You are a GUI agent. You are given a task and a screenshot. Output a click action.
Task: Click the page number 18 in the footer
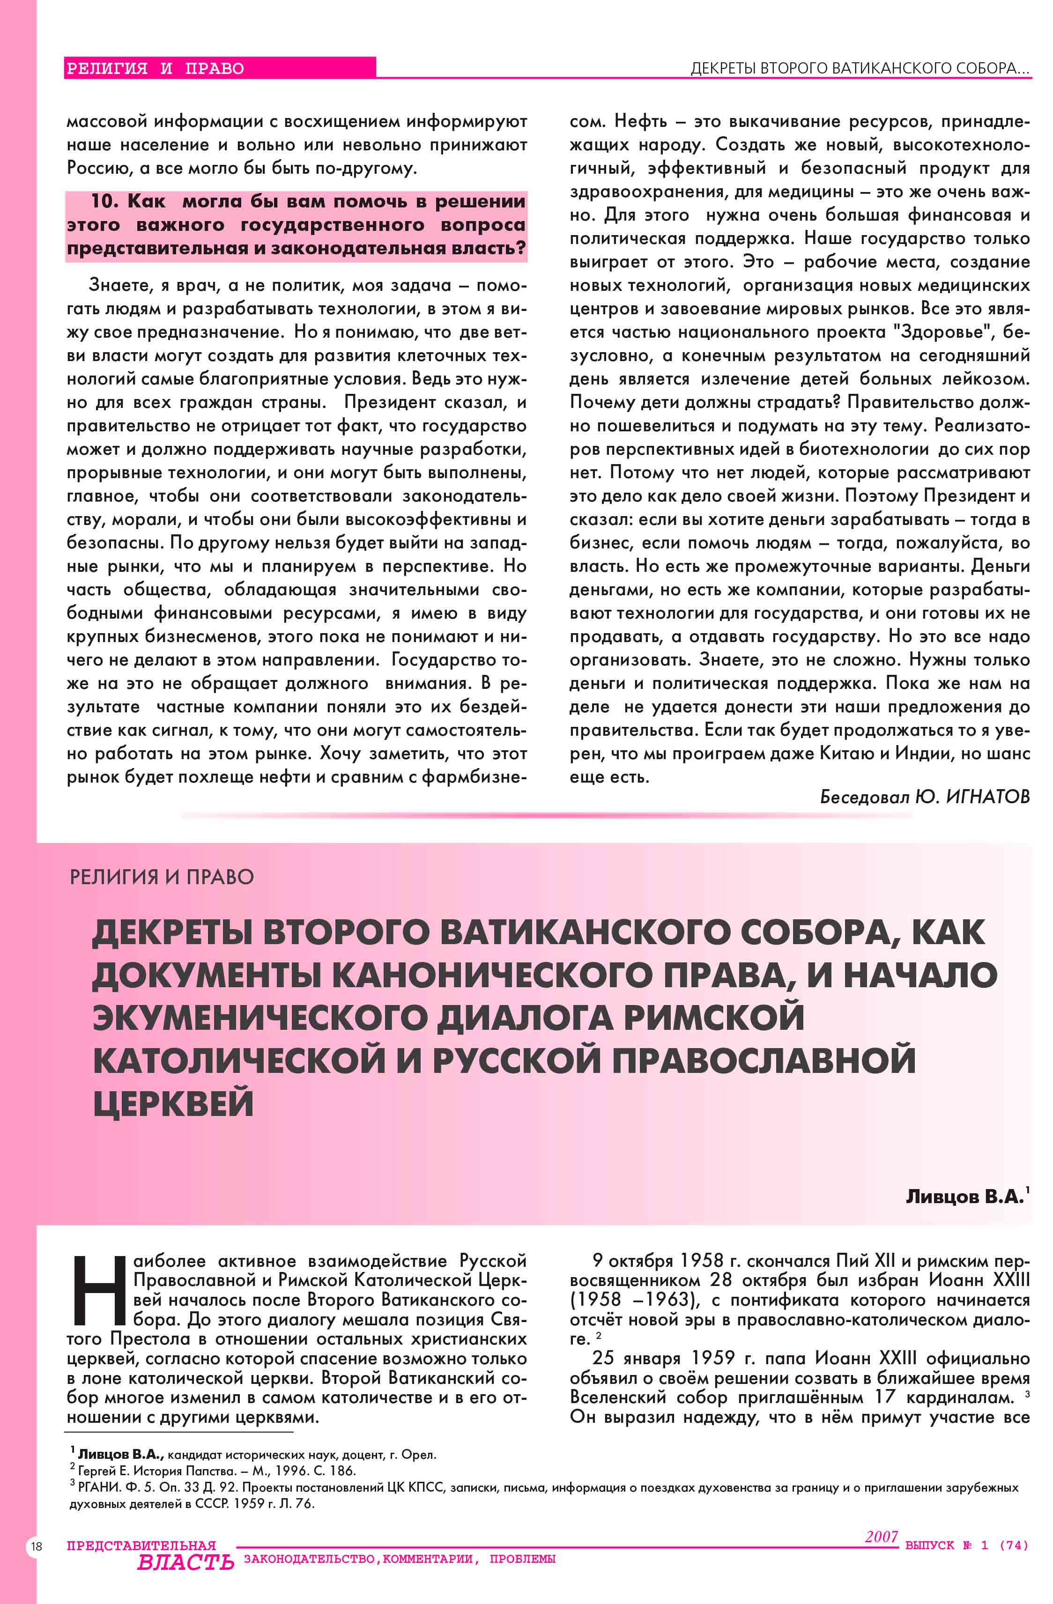36,1546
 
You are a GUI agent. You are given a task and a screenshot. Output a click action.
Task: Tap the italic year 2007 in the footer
881,1536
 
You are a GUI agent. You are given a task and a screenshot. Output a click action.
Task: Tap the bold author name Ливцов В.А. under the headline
964,1196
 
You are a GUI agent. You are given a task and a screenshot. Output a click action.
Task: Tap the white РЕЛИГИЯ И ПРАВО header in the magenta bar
155,68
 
